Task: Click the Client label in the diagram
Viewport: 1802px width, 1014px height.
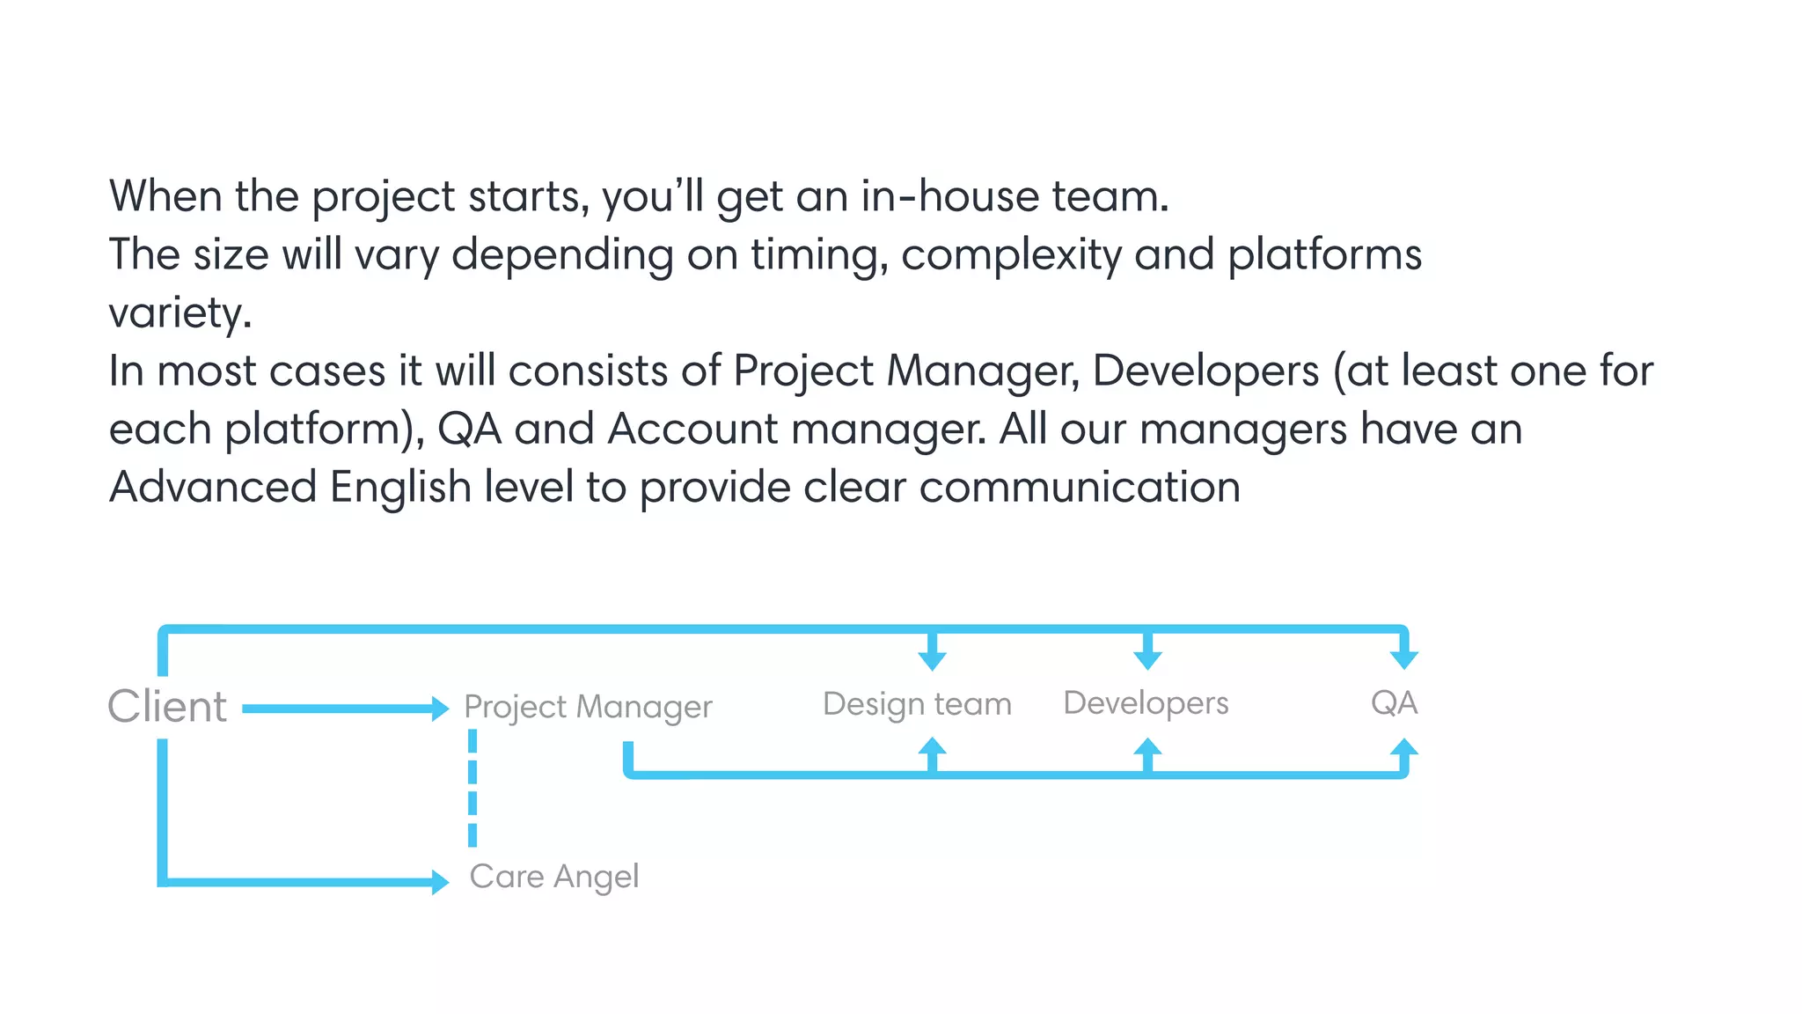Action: pos(167,707)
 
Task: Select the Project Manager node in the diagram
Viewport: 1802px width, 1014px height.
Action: pos(588,707)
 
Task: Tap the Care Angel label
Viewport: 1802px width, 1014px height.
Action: pos(554,877)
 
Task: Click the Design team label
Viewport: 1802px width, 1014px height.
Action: pos(917,704)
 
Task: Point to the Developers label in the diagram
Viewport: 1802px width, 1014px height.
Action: pos(1146,703)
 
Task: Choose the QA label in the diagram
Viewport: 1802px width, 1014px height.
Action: pos(1394,703)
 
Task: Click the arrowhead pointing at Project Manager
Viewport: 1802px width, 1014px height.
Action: pos(441,709)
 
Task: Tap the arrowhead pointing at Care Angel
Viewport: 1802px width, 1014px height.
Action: pos(441,881)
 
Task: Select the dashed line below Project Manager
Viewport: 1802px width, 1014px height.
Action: pos(472,788)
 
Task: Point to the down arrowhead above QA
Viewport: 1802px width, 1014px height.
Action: pos(1404,659)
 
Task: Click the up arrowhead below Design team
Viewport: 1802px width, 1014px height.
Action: pos(932,747)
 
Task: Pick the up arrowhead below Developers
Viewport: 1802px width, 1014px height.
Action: pos(1147,747)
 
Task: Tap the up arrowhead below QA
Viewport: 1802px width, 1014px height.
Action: pos(1404,747)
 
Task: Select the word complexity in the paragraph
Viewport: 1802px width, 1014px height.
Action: pos(1011,255)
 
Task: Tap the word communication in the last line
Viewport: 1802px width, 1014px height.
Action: pos(1080,488)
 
